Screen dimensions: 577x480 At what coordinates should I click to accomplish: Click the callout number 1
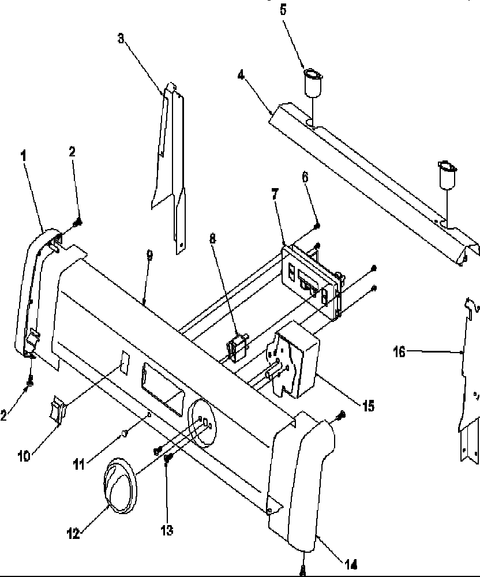click(24, 155)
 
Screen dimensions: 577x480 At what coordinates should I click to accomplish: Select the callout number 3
click(121, 39)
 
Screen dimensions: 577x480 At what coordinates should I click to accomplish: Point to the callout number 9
click(150, 256)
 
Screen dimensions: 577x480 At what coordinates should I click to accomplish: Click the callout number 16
click(400, 350)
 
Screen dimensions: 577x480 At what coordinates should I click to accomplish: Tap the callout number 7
click(275, 194)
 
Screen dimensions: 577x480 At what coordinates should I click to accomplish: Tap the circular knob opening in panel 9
click(201, 424)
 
